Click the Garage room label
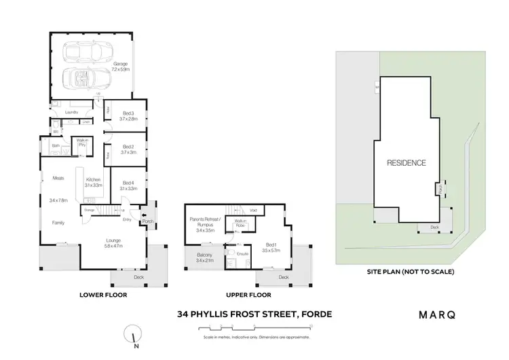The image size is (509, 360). (120, 67)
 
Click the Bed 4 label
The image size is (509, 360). (129, 185)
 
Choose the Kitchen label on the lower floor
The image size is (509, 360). (93, 182)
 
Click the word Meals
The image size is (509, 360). (58, 179)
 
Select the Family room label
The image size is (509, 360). (58, 222)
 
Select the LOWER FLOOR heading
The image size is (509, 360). (102, 295)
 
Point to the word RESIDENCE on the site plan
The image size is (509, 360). (407, 163)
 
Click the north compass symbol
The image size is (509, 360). (134, 335)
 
